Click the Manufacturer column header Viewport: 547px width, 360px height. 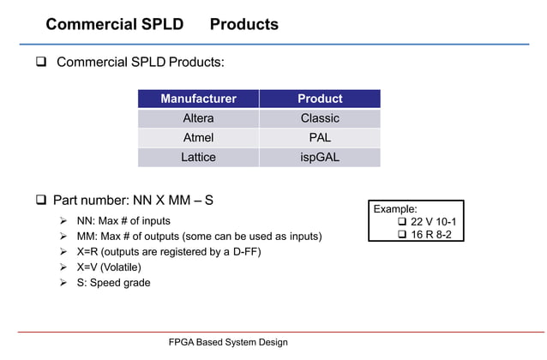198,99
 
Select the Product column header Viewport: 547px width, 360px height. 320,99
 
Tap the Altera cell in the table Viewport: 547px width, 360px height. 198,118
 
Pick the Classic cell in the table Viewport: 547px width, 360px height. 320,118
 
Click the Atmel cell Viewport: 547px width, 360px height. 198,138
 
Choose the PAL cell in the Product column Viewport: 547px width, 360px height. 320,138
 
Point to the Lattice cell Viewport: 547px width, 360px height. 198,158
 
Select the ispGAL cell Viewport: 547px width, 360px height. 320,158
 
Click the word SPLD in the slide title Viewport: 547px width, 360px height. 158,24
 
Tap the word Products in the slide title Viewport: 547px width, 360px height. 244,24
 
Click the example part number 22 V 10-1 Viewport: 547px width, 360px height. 433,221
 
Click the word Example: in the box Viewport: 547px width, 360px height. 395,208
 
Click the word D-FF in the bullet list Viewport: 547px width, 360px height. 243,251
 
